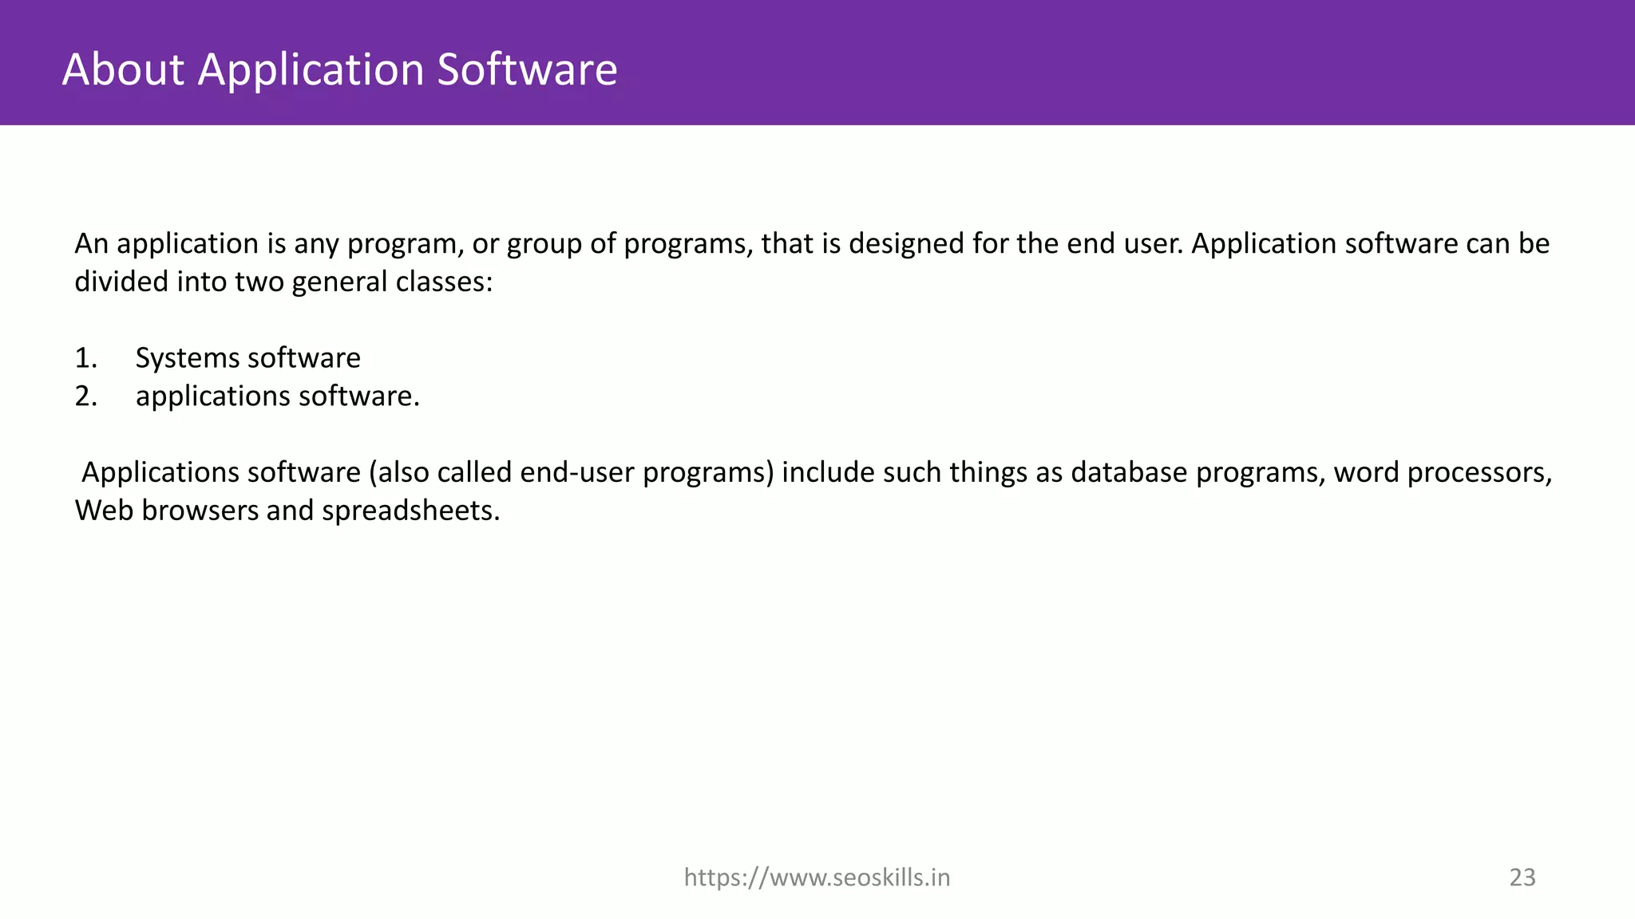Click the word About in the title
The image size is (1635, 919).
pyautogui.click(x=123, y=69)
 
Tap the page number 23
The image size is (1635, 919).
pyautogui.click(x=1522, y=878)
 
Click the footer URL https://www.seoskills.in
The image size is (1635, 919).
pyautogui.click(x=817, y=878)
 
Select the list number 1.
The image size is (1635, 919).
pyautogui.click(x=85, y=358)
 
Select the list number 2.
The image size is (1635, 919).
pyautogui.click(x=85, y=396)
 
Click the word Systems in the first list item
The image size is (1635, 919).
pyautogui.click(x=186, y=358)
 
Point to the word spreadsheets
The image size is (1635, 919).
pyautogui.click(x=410, y=511)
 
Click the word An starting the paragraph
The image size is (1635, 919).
pyautogui.click(x=91, y=244)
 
